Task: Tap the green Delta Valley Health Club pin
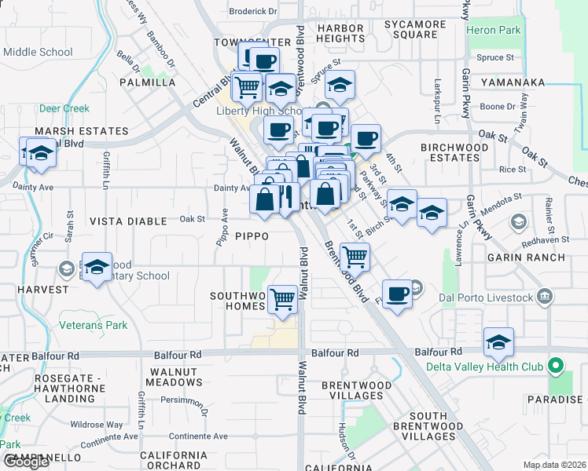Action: coord(556,366)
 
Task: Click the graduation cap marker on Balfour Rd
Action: coord(498,342)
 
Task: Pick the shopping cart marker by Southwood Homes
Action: coord(283,298)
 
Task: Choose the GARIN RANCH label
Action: coord(531,257)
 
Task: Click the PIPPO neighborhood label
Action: coord(252,235)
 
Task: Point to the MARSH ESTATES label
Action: coord(81,131)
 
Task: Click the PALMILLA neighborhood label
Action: coord(147,82)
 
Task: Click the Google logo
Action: coord(26,461)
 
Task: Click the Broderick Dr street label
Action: coord(253,11)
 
